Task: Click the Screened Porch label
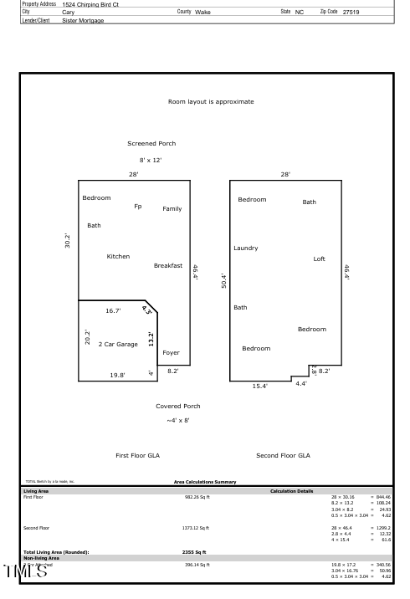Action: click(x=151, y=143)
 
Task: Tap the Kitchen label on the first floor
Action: click(x=118, y=256)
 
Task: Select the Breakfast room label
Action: click(x=167, y=265)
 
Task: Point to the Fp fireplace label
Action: click(x=137, y=206)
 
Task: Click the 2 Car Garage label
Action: click(x=118, y=344)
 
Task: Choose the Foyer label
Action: click(x=171, y=352)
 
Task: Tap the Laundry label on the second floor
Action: click(x=245, y=248)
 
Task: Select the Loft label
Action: click(x=319, y=259)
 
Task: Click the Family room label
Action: click(x=172, y=208)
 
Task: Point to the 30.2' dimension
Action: click(x=68, y=240)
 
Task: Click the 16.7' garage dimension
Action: click(x=113, y=310)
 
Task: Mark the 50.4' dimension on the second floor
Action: click(x=222, y=280)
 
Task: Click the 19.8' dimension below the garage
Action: click(x=118, y=376)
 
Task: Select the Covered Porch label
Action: click(x=178, y=406)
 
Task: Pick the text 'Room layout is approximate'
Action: click(x=211, y=101)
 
